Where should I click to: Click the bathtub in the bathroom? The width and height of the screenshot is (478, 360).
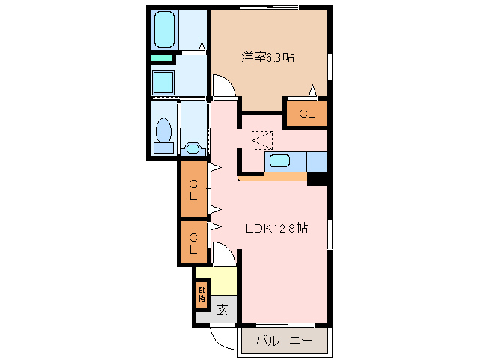coord(164,29)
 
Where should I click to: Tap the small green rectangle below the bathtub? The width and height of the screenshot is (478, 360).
coord(161,58)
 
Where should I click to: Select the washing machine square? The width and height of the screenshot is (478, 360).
coord(163,80)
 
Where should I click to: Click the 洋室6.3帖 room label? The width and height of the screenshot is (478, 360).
coord(266,57)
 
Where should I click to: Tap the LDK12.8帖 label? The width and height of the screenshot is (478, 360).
coord(276,229)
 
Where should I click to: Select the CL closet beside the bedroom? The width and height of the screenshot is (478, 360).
coord(306,114)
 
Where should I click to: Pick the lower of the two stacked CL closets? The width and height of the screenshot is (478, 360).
coord(194,241)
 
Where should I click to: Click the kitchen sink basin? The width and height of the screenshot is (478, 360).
coord(280,160)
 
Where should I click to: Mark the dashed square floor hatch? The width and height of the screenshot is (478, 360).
coord(262,139)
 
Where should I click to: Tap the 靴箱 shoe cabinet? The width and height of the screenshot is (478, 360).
coord(202,293)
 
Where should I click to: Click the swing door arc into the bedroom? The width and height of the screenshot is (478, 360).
coord(223,87)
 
